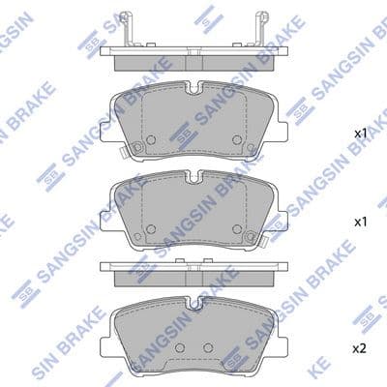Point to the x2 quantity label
point(359,345)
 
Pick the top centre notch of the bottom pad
point(193,303)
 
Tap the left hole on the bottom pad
point(181,345)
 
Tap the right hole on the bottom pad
point(206,345)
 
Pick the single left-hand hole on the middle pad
point(150,229)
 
